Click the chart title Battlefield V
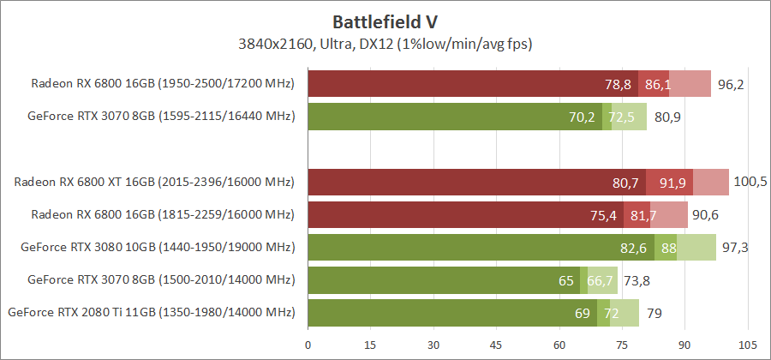[x=385, y=20]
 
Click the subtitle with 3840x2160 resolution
[x=385, y=42]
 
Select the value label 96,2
[x=730, y=84]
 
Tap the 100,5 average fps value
[x=750, y=182]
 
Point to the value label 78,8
[x=618, y=84]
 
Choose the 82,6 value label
[x=633, y=248]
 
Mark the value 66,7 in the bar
[x=601, y=280]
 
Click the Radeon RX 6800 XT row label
[x=153, y=182]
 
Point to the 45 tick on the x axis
[x=496, y=345]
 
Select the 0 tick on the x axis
[x=308, y=345]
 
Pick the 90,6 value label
[x=706, y=215]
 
